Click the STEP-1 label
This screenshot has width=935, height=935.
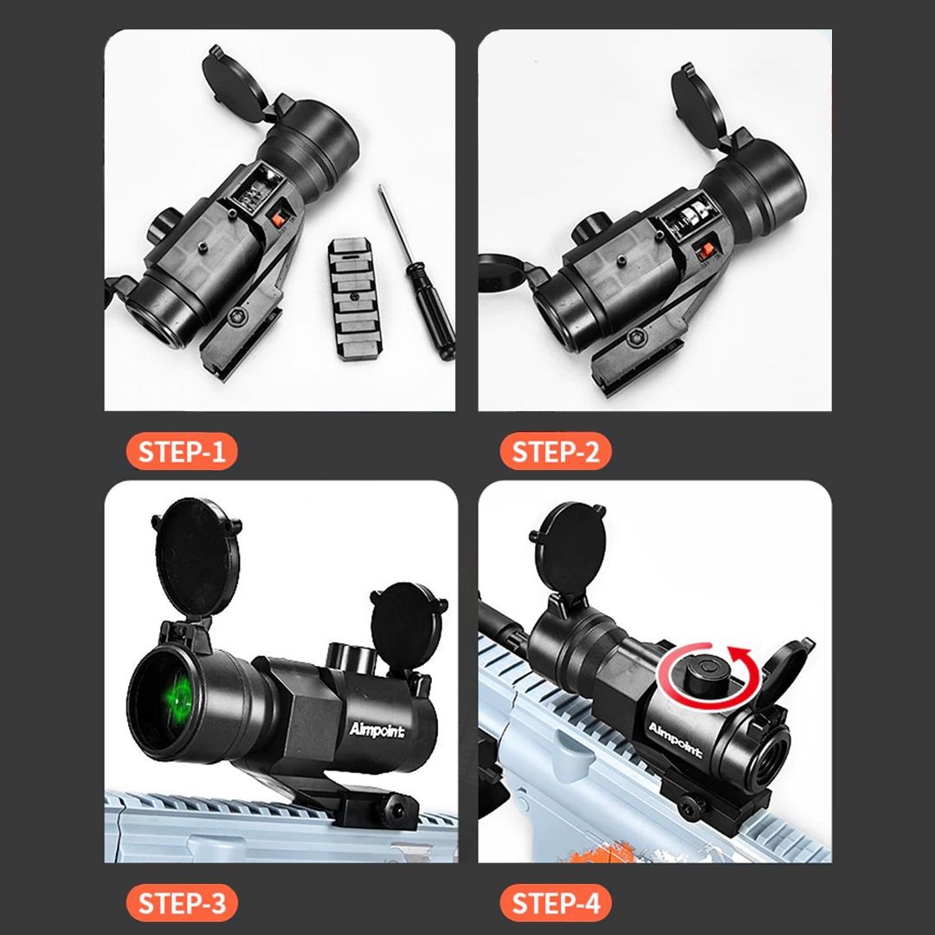(181, 451)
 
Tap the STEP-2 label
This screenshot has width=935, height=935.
(555, 451)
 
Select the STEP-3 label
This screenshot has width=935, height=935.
(181, 903)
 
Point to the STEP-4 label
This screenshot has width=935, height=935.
(555, 903)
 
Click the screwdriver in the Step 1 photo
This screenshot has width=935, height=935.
(417, 274)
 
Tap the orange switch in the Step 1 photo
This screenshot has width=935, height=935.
(276, 219)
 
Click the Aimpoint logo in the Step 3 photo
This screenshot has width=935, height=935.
(377, 730)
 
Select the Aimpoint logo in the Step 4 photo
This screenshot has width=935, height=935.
(675, 740)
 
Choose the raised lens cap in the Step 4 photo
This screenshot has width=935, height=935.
(567, 549)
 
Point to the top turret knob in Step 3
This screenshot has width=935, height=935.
(351, 656)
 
